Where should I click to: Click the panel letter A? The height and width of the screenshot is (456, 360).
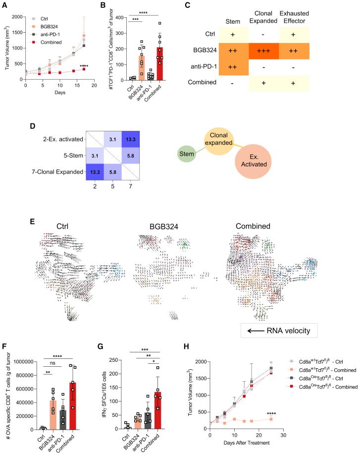coord(4,5)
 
